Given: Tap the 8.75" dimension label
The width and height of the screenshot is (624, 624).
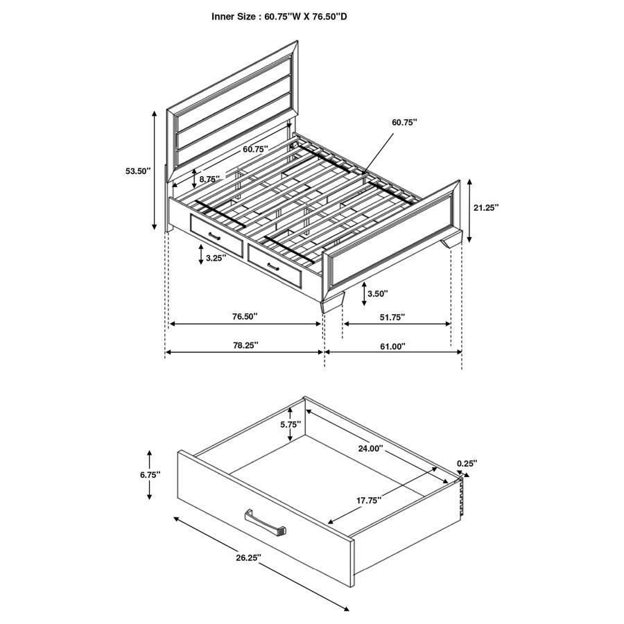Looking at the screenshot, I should [x=209, y=179].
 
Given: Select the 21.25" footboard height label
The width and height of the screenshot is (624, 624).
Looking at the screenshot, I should [x=486, y=207].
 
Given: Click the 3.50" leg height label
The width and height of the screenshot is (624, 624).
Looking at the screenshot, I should [x=377, y=293].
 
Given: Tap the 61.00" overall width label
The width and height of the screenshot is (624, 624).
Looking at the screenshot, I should [x=393, y=345].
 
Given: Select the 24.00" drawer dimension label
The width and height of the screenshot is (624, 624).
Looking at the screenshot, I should [x=370, y=448].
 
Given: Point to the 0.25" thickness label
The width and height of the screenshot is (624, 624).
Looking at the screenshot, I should [x=467, y=463].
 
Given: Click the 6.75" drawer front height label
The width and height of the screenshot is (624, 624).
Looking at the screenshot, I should [x=149, y=474].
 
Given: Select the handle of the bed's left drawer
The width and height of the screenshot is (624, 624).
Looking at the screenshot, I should [x=213, y=236].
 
